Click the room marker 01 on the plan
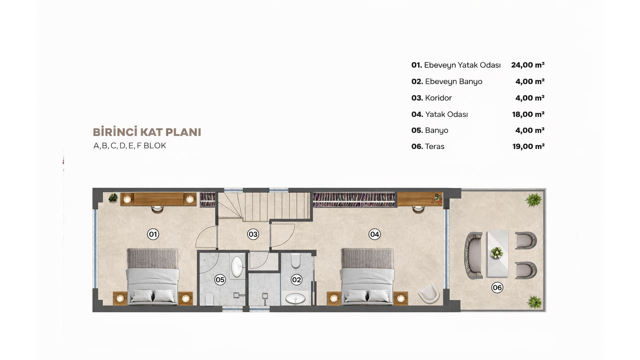(x=153, y=234)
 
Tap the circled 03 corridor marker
(x=253, y=234)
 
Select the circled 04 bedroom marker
(x=375, y=234)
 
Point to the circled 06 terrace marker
(x=497, y=288)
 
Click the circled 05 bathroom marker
(x=220, y=280)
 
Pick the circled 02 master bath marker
(x=296, y=280)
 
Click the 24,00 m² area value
(x=528, y=65)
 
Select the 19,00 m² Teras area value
(x=528, y=146)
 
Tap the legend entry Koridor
(x=438, y=98)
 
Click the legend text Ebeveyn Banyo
(x=454, y=82)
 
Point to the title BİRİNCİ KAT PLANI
(x=147, y=132)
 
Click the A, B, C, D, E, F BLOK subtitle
(x=130, y=146)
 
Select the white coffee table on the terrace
(x=498, y=254)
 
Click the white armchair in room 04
(x=429, y=293)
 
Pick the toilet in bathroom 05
(x=209, y=299)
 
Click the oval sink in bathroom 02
(x=295, y=298)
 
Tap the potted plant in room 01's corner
(x=113, y=198)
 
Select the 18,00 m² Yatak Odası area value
(x=528, y=114)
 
